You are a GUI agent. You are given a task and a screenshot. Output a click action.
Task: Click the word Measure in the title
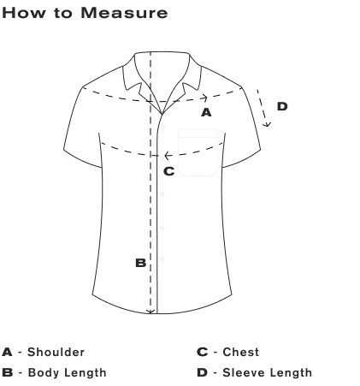(124, 13)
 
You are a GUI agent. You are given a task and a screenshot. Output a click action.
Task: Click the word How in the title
(24, 13)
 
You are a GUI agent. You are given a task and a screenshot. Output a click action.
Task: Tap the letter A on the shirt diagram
(206, 112)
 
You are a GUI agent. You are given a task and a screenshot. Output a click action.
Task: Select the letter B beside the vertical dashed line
(141, 263)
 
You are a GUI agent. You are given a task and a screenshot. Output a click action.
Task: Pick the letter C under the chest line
(169, 171)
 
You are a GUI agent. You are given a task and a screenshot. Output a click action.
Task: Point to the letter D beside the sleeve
(282, 106)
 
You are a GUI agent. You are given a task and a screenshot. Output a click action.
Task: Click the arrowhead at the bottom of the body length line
(150, 312)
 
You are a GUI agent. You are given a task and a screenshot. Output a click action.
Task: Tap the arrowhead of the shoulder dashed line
(204, 98)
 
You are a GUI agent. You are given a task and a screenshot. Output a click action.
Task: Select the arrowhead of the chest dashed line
(168, 156)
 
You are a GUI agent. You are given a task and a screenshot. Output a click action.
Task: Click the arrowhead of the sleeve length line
(267, 124)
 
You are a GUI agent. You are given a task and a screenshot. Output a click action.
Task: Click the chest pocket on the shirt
(198, 152)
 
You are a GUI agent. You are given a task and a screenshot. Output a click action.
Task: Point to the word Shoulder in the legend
(56, 352)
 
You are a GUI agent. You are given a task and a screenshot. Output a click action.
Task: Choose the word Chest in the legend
(241, 352)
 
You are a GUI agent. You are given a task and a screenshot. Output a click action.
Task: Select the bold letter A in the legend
(7, 352)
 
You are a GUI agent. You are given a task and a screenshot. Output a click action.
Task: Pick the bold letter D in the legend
(202, 372)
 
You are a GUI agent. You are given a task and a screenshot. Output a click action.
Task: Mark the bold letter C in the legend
(203, 352)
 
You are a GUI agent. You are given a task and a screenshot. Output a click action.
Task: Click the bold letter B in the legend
(8, 372)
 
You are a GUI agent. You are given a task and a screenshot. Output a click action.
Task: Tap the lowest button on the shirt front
(162, 259)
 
